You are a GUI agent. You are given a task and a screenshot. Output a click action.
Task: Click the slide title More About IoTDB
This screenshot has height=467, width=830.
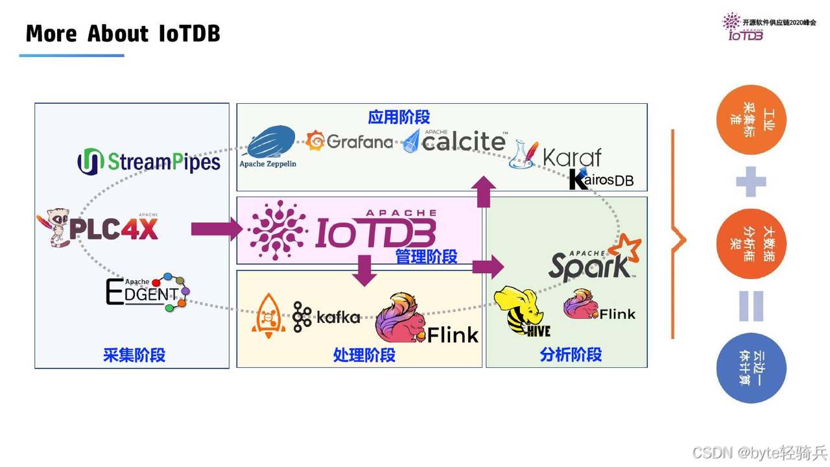click(123, 33)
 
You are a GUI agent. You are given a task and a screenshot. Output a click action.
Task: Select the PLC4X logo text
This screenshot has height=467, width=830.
click(113, 228)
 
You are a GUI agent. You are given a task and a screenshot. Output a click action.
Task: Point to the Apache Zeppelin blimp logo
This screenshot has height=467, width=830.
click(268, 145)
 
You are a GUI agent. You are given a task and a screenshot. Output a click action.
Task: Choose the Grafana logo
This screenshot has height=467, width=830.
click(350, 141)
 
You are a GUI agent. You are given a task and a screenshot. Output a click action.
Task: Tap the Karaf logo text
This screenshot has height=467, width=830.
click(571, 158)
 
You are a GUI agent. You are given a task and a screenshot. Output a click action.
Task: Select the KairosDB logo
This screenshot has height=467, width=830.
click(600, 180)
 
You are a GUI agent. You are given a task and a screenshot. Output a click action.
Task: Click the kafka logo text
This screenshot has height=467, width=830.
click(338, 317)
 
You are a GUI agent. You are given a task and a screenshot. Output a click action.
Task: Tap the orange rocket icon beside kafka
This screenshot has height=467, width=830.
click(268, 316)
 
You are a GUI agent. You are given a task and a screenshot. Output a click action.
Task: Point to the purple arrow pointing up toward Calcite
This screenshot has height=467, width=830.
click(483, 191)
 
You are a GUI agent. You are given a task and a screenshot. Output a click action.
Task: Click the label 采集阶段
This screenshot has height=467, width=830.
click(134, 355)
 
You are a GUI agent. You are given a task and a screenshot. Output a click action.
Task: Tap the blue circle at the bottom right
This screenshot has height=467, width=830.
click(751, 368)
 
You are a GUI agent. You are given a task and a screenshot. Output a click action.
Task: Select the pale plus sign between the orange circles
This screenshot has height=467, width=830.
click(751, 182)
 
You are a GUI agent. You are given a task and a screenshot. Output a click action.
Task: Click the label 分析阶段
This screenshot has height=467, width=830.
click(571, 355)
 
